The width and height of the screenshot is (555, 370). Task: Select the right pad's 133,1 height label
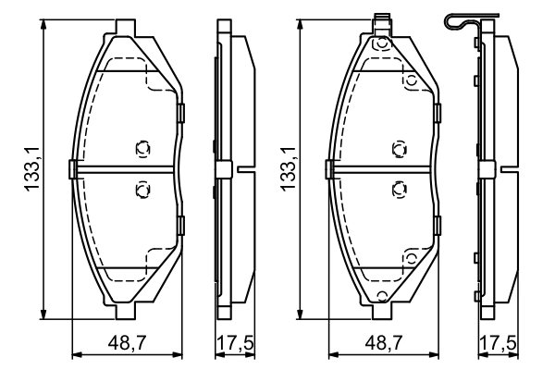[x=288, y=169]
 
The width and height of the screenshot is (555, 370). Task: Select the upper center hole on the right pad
[x=399, y=148]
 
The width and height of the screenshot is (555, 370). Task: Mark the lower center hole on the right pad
[x=399, y=190]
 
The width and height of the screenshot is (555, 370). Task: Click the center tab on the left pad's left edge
[x=72, y=169]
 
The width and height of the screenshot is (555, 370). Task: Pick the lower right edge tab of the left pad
[x=181, y=223]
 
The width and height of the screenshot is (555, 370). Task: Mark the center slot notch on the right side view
[x=506, y=169]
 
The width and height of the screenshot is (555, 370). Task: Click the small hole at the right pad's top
[x=378, y=43]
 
